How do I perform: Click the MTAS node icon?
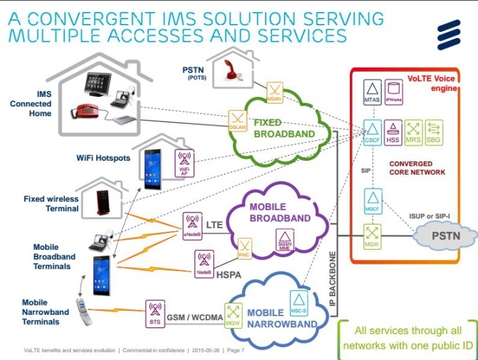point(372,90)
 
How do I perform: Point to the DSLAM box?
point(237,120)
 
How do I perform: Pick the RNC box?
point(246,249)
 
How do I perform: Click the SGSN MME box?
point(285,240)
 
